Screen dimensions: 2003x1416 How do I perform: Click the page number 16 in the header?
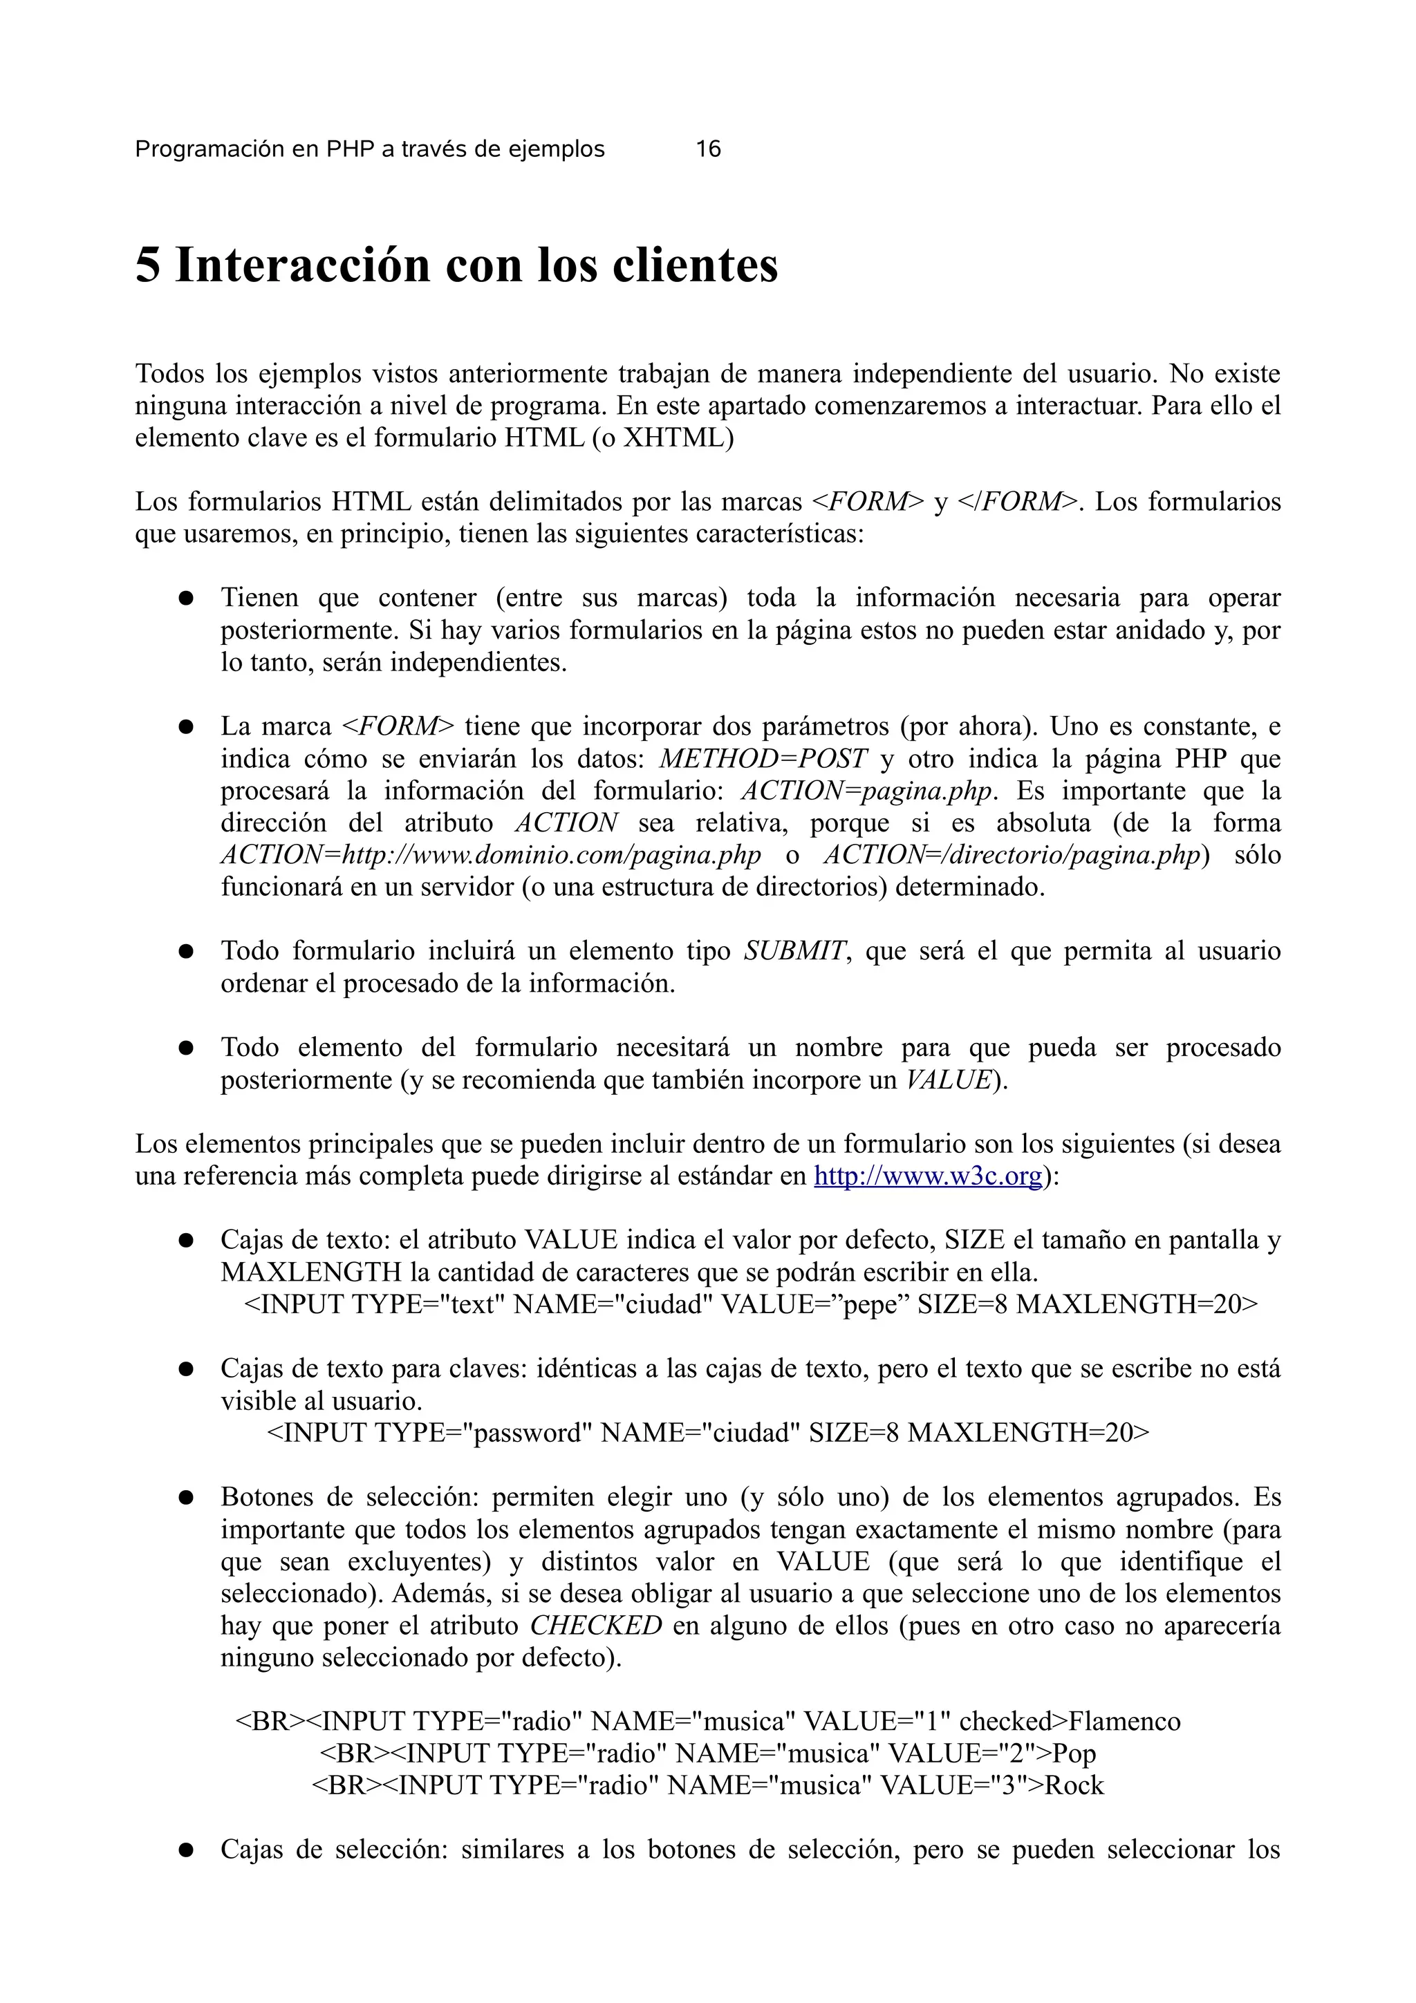pyautogui.click(x=707, y=149)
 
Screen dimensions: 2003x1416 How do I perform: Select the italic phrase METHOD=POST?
pyautogui.click(x=763, y=758)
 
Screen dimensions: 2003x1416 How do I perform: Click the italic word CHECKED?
pyautogui.click(x=596, y=1625)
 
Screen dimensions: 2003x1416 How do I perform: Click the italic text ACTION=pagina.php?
pyautogui.click(x=866, y=791)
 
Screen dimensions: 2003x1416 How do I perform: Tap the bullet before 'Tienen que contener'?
pyautogui.click(x=185, y=599)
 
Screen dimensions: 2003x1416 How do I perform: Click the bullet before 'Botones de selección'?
pyautogui.click(x=185, y=1498)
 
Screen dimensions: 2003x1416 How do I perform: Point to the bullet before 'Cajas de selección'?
pyautogui.click(x=185, y=1850)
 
